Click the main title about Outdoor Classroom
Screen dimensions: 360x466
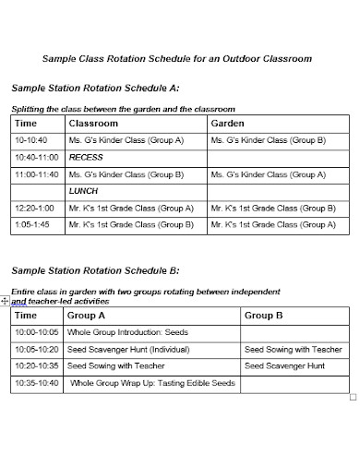tap(178, 58)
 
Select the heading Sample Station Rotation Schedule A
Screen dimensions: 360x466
tap(95, 88)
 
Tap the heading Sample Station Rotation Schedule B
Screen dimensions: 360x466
tap(95, 270)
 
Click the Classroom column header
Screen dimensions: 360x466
tap(93, 123)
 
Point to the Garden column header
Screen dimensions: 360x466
tap(228, 123)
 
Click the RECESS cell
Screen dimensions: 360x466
tap(87, 157)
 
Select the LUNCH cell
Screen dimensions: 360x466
tap(84, 190)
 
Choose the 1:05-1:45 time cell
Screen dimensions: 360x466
tap(33, 223)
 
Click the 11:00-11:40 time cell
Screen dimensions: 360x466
tap(37, 173)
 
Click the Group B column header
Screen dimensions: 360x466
tap(264, 316)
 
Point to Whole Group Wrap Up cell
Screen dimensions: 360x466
tap(153, 383)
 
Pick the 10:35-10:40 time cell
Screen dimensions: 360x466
tap(38, 383)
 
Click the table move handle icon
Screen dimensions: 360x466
tap(6, 301)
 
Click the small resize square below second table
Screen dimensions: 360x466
tap(354, 397)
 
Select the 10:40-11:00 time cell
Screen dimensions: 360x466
tap(38, 157)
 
